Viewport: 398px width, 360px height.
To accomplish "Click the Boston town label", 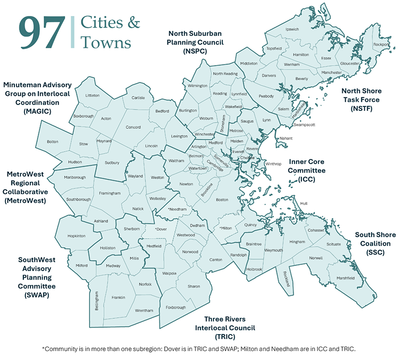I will (x=222, y=199).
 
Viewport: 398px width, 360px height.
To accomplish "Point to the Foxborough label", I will (x=176, y=307).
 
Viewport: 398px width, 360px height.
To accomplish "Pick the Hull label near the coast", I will (x=304, y=203).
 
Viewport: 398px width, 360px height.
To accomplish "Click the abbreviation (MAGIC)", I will (x=37, y=111).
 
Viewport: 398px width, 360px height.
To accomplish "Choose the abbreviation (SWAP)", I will (x=37, y=295).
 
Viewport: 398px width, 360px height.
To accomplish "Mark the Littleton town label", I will (x=93, y=95).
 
